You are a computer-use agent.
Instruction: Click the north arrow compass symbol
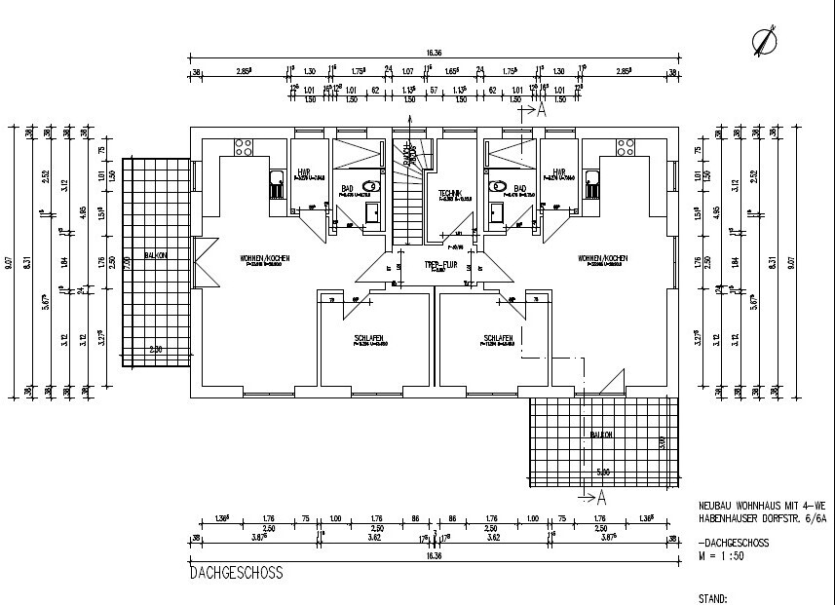(x=766, y=41)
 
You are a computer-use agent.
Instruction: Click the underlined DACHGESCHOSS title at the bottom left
(x=237, y=574)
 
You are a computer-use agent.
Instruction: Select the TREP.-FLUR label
(x=441, y=264)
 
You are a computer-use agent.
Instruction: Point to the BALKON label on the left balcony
(x=154, y=254)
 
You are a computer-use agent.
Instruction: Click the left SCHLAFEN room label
(x=369, y=338)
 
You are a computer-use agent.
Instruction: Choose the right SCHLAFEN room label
(x=498, y=338)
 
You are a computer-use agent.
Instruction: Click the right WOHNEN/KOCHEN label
(x=602, y=258)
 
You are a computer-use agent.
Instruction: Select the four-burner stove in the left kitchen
(x=243, y=147)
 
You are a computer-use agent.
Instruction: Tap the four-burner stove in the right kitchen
(x=624, y=147)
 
